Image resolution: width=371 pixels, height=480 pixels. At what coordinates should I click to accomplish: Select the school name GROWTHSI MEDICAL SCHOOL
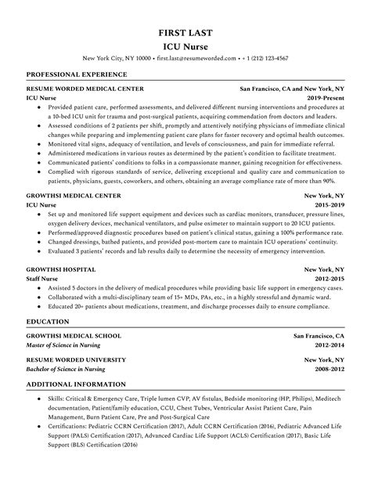tap(74, 334)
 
